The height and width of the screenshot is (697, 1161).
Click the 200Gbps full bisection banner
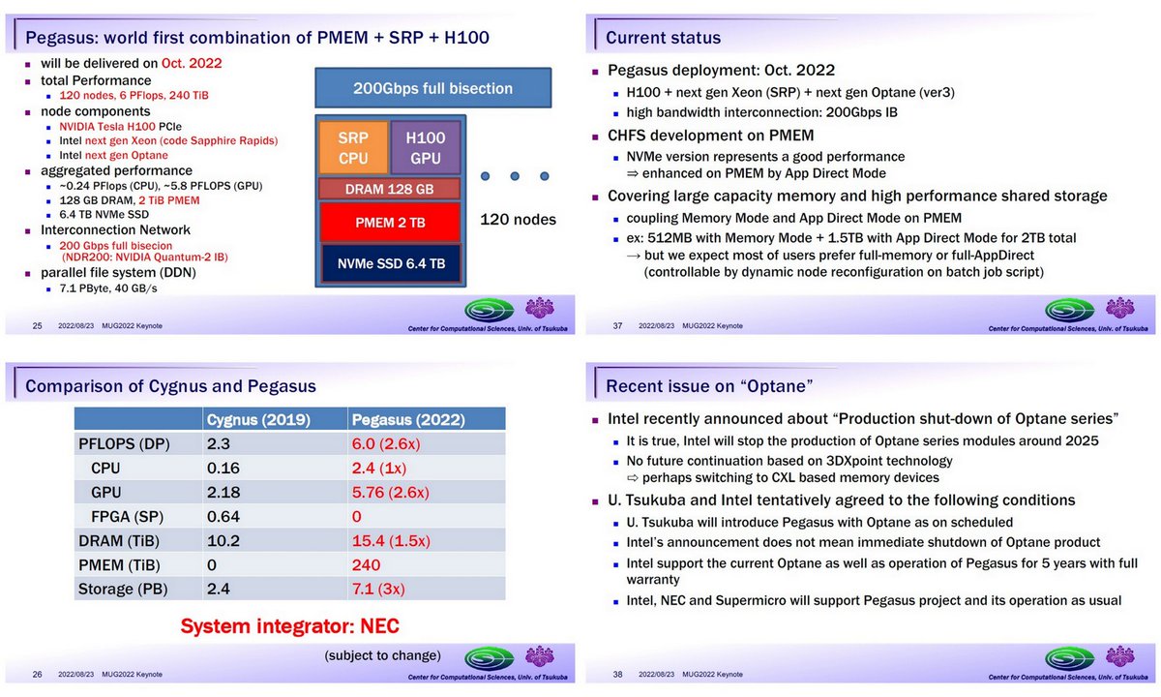click(x=432, y=89)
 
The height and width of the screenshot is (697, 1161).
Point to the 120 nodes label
click(x=519, y=220)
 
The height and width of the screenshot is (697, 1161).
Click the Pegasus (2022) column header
click(x=409, y=420)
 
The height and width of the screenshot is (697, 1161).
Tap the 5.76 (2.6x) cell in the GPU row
click(x=397, y=492)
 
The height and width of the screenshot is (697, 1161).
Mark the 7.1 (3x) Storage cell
click(x=378, y=588)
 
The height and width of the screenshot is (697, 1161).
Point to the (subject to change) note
click(x=382, y=654)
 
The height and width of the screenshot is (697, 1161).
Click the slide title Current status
click(x=663, y=38)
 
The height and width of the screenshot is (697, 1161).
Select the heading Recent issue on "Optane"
click(x=709, y=387)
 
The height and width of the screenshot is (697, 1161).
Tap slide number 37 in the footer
click(x=617, y=325)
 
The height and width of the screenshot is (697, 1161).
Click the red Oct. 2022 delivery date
click(x=192, y=64)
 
